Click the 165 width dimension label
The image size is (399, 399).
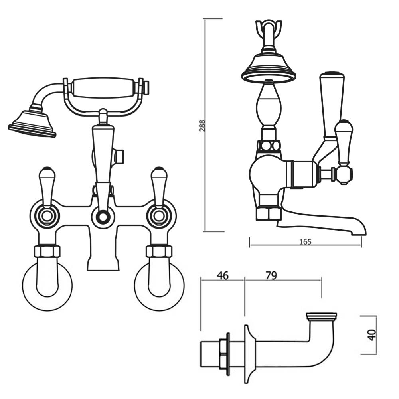click(305, 242)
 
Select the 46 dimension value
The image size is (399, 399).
click(223, 275)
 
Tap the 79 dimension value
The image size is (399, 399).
click(271, 275)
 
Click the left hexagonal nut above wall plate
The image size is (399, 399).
click(47, 251)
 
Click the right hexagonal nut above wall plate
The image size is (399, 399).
click(159, 251)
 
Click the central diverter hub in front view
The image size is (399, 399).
click(103, 217)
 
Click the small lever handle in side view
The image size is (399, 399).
click(344, 140)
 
